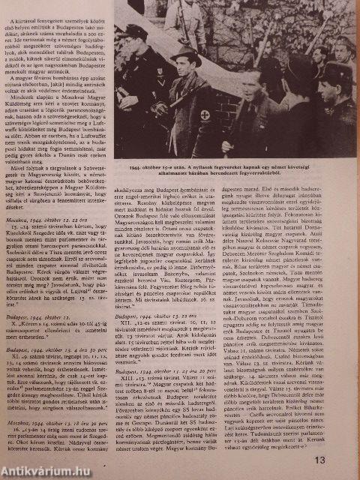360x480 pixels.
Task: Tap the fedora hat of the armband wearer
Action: pyautogui.click(x=185, y=56)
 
